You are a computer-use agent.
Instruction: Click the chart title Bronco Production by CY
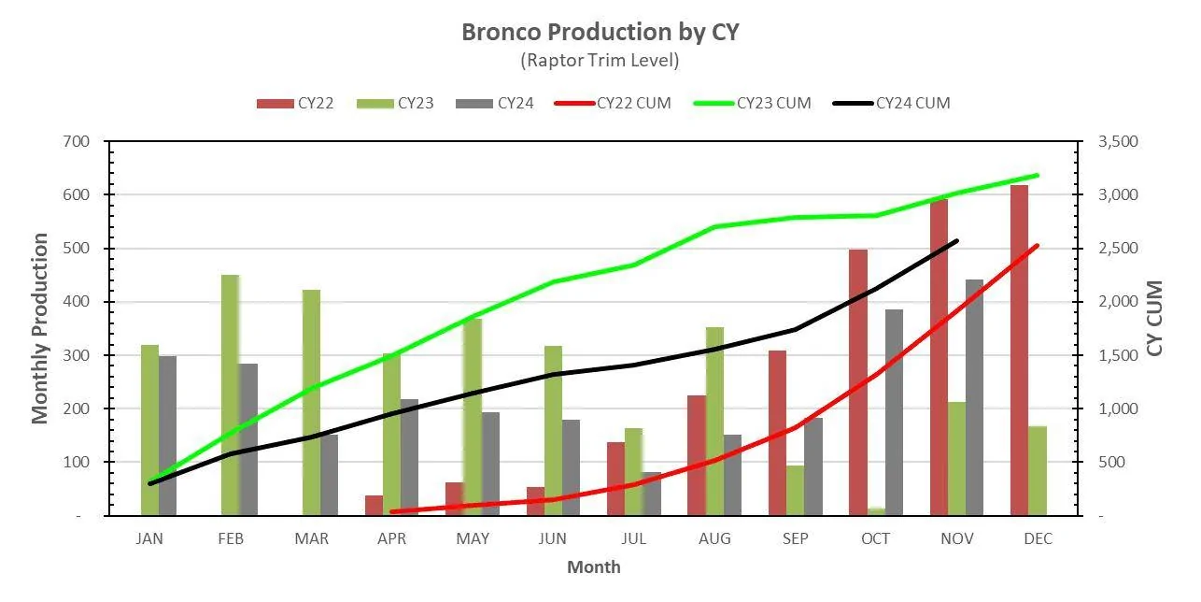600,32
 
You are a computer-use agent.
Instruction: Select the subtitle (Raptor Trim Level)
600,60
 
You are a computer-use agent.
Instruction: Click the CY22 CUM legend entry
613,103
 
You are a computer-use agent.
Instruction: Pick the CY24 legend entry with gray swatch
494,103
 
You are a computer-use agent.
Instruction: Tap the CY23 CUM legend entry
752,103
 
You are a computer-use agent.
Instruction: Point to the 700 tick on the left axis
77,142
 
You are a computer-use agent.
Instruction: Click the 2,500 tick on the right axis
1118,249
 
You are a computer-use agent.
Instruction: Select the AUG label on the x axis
714,538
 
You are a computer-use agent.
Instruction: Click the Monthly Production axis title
39,328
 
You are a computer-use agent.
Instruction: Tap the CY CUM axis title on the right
1154,318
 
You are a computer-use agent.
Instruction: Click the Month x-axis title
594,567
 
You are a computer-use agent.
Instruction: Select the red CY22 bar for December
1019,351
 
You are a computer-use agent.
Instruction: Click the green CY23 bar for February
230,395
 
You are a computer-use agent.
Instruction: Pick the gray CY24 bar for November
975,397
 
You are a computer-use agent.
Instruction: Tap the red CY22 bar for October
858,382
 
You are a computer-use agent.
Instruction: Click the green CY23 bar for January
149,430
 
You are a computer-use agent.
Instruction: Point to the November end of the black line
957,241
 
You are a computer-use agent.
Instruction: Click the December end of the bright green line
1038,176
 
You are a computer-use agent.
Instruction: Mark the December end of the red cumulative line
1038,246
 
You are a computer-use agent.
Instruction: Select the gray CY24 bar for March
330,476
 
